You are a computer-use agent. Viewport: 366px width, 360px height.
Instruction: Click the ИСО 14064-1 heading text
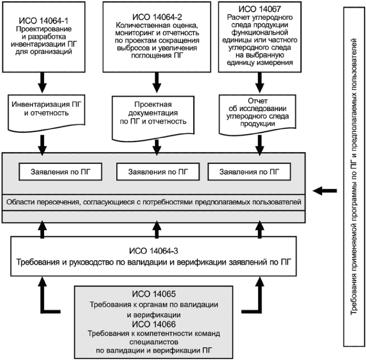pos(43,21)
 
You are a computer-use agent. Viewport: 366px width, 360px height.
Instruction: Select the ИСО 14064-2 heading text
pos(157,17)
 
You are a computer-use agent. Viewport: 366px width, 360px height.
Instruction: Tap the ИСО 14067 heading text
pos(259,9)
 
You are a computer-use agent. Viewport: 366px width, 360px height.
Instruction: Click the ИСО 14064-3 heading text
pos(154,251)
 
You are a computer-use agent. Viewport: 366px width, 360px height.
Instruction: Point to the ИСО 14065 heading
pos(154,294)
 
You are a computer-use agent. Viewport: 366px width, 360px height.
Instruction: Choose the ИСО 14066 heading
pos(154,324)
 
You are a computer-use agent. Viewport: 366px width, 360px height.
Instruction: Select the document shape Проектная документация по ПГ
pos(153,118)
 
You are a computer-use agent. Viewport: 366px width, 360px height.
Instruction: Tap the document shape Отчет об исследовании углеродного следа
pos(258,115)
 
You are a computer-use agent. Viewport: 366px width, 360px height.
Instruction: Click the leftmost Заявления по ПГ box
pos(61,172)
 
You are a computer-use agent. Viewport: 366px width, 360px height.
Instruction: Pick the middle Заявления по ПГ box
pos(158,172)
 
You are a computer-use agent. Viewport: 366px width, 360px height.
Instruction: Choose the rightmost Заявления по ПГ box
pos(249,172)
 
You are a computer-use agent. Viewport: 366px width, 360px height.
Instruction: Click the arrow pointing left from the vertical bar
pos(325,191)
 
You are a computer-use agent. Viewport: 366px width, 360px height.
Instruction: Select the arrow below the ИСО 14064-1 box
pos(42,83)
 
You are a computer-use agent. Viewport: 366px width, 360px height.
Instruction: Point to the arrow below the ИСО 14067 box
pos(259,83)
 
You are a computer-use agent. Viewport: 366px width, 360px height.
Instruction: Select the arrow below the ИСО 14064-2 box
pos(156,83)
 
